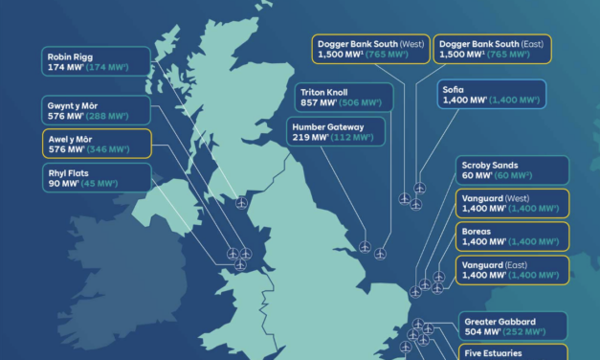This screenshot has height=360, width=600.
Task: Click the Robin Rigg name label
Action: tap(70, 57)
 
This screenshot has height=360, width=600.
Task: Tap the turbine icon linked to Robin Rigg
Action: tap(240, 203)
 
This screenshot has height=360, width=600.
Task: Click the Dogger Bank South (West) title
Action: tap(368, 43)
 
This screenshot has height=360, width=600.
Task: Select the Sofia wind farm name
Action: tap(452, 90)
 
